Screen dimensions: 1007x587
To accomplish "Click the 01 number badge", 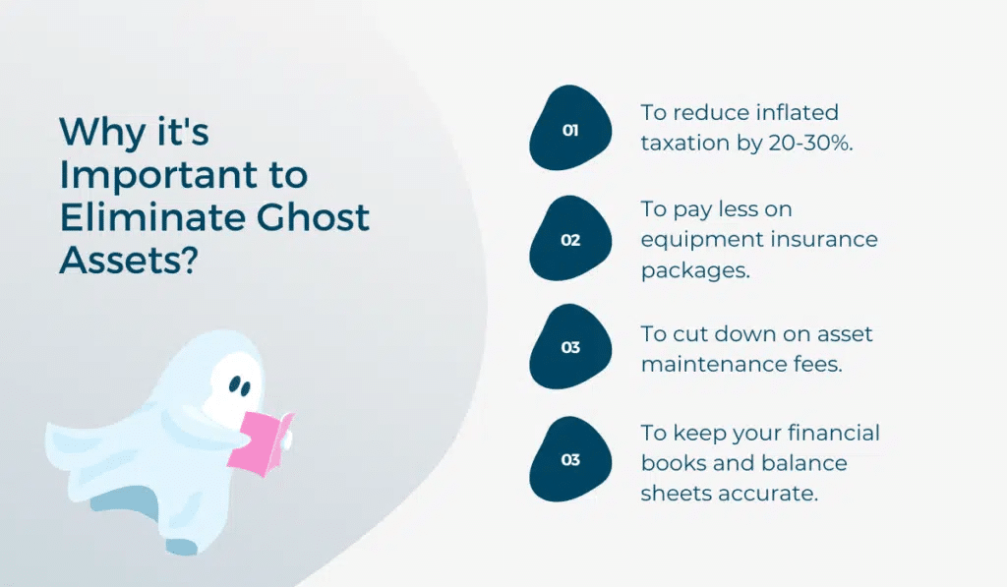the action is (570, 128).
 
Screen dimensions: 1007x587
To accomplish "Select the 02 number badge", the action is (570, 238).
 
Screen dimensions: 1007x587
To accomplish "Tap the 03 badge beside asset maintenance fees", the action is (570, 347).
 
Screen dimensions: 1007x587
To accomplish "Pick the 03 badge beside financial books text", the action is (570, 459).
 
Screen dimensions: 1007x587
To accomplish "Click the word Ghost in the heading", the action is (313, 217).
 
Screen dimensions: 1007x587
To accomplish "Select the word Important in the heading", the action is (158, 175).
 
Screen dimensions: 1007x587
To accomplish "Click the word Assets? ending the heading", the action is (129, 260).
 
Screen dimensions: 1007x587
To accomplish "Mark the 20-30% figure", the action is (810, 143).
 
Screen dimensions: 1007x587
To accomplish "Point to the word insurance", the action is (823, 239).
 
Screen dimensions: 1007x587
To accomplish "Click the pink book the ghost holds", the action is (260, 443).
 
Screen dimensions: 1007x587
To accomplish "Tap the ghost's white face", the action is (234, 383).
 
